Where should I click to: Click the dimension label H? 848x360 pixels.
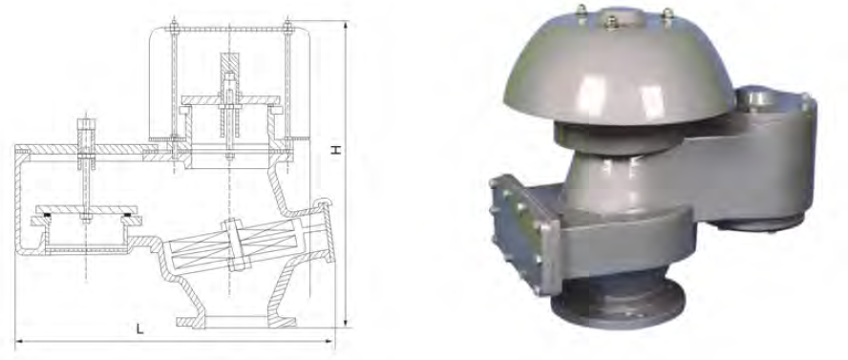[336, 149]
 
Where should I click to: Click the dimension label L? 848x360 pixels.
[140, 328]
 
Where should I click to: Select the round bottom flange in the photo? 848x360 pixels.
[618, 307]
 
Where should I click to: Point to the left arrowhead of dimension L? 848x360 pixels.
[19, 341]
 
